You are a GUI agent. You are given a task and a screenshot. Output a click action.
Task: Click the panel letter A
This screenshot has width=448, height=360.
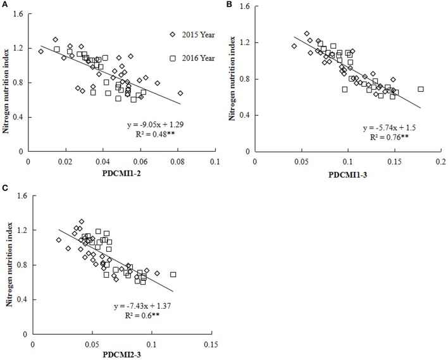(x=4, y=5)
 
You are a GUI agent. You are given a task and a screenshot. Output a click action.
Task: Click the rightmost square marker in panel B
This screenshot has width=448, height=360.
(x=420, y=89)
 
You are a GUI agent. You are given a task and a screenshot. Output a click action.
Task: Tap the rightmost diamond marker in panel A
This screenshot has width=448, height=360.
(x=180, y=93)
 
